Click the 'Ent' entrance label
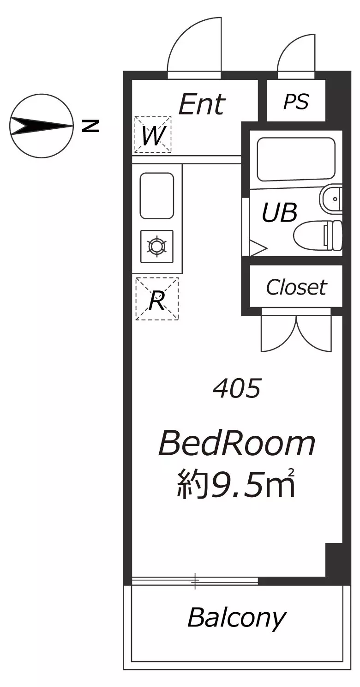click(x=202, y=105)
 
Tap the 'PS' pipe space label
click(x=296, y=102)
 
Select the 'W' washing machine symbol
click(x=153, y=135)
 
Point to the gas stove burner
click(x=157, y=246)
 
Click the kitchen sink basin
click(x=157, y=195)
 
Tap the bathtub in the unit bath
click(x=296, y=159)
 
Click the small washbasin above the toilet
click(x=331, y=199)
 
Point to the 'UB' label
click(x=279, y=213)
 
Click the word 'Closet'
click(x=296, y=288)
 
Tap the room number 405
click(x=237, y=389)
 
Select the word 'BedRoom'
click(x=237, y=444)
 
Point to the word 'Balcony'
click(x=236, y=618)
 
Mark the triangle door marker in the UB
click(x=257, y=248)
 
